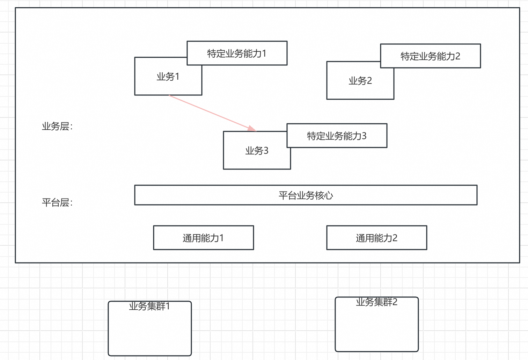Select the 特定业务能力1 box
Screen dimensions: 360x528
point(237,53)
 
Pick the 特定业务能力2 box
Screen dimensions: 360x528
point(430,56)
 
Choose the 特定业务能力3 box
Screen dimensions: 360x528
point(337,136)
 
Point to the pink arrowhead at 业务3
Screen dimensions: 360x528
point(252,129)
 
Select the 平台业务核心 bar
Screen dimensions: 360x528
point(306,195)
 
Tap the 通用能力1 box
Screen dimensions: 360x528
point(203,238)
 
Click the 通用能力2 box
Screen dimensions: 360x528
point(376,238)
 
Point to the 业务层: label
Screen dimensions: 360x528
point(57,127)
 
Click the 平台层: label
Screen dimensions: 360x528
point(57,203)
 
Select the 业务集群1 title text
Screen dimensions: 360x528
point(149,307)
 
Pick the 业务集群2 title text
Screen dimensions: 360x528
point(376,302)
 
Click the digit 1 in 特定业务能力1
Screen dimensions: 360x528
point(264,53)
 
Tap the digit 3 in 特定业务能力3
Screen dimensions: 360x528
point(364,136)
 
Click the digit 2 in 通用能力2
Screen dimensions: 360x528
point(395,238)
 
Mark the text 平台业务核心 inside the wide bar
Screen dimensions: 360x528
point(306,195)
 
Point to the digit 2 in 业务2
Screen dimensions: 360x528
point(369,81)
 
